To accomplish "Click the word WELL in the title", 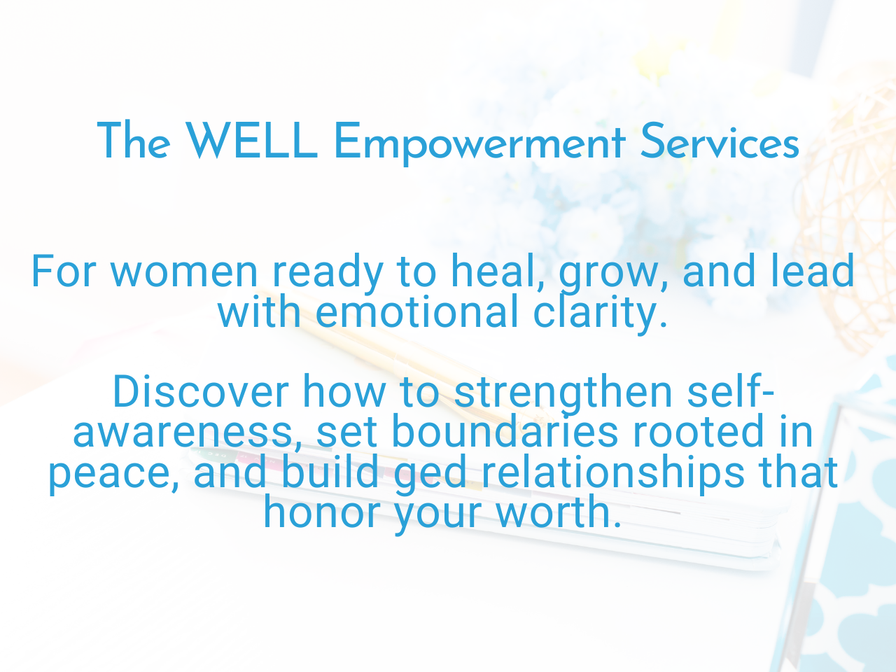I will tap(252, 141).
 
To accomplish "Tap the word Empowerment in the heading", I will tap(479, 143).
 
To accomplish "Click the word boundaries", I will tap(505, 432).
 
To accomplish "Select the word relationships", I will tap(613, 473).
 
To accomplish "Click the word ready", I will tap(328, 273).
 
